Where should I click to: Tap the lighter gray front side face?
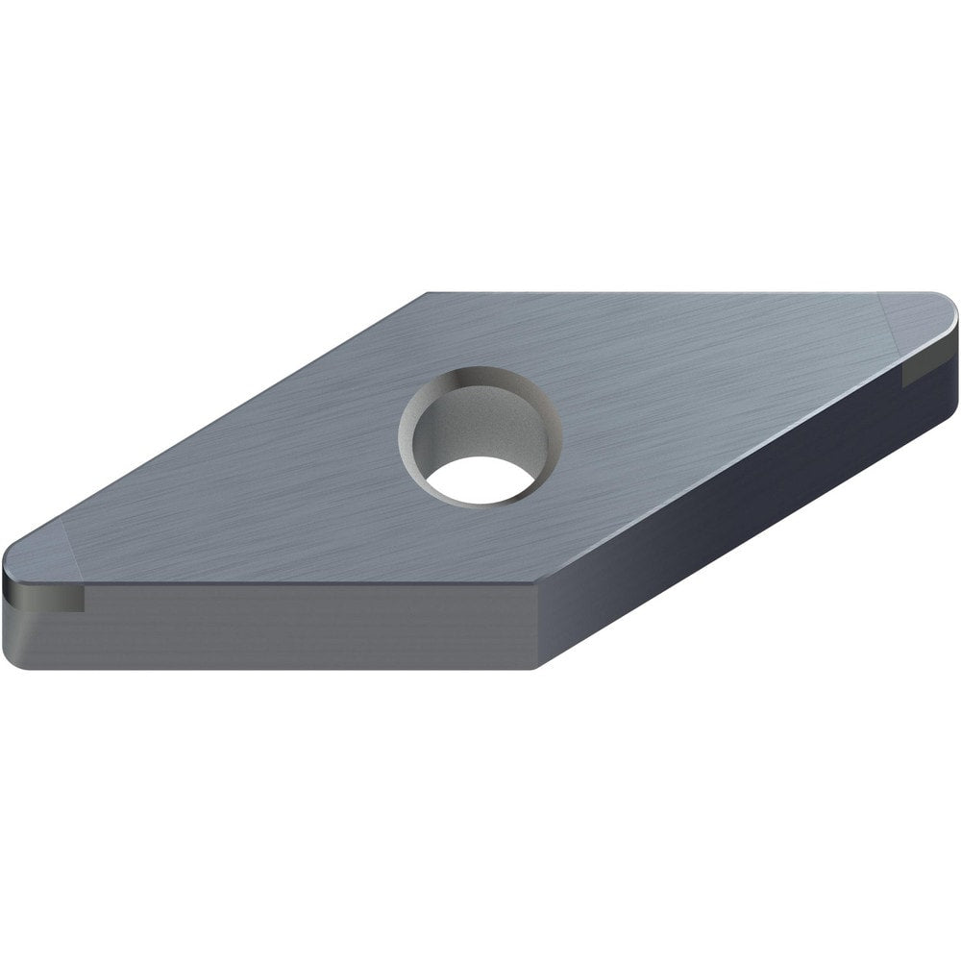(288, 625)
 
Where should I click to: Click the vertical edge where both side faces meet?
(533, 625)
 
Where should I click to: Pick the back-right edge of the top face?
(673, 292)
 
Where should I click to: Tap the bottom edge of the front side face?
(288, 667)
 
